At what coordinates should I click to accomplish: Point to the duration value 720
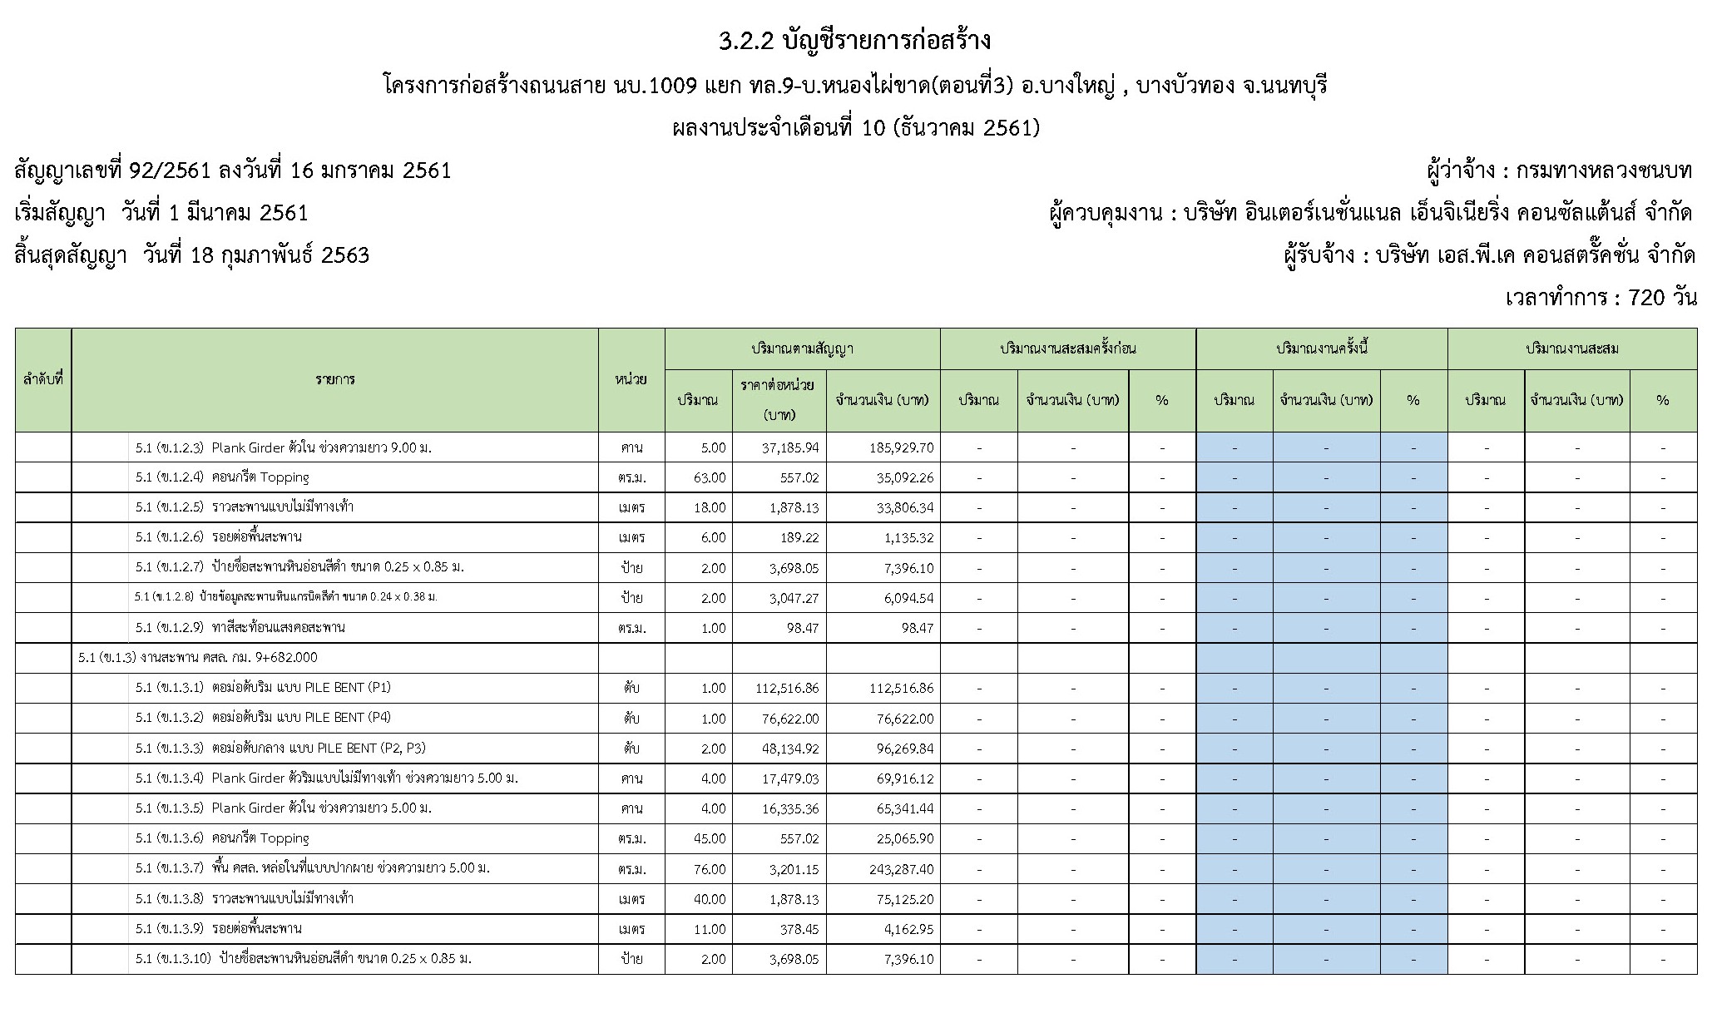click(x=1648, y=298)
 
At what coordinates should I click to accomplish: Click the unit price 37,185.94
click(x=789, y=447)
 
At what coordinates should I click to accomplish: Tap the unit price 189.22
click(x=799, y=537)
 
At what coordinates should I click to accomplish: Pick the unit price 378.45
click(x=799, y=928)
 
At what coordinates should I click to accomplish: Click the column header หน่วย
click(x=631, y=379)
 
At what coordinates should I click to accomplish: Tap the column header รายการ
click(x=334, y=379)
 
